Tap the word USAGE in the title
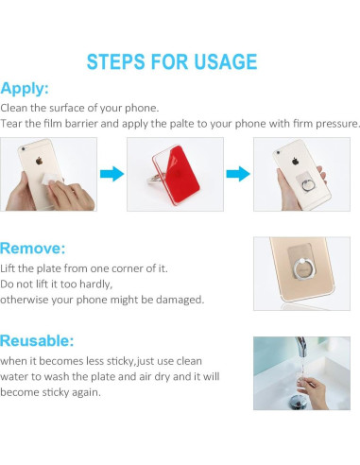coord(221,62)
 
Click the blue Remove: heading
coord(33,250)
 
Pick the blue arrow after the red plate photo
coord(239,174)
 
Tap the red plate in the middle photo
coord(176,170)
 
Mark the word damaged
coord(177,299)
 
